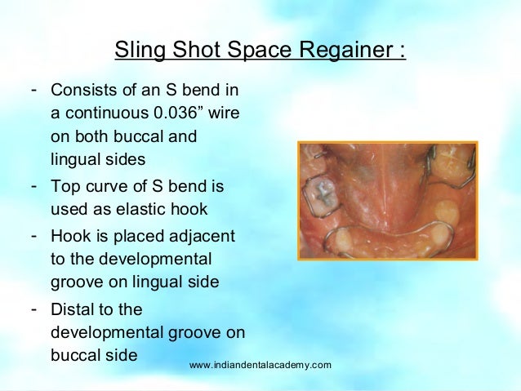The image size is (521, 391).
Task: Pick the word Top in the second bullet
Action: pyautogui.click(x=65, y=187)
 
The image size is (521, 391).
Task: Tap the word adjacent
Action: pyautogui.click(x=204, y=236)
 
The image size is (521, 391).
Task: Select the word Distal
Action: pyautogui.click(x=72, y=310)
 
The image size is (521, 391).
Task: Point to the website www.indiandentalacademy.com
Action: pyautogui.click(x=260, y=364)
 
